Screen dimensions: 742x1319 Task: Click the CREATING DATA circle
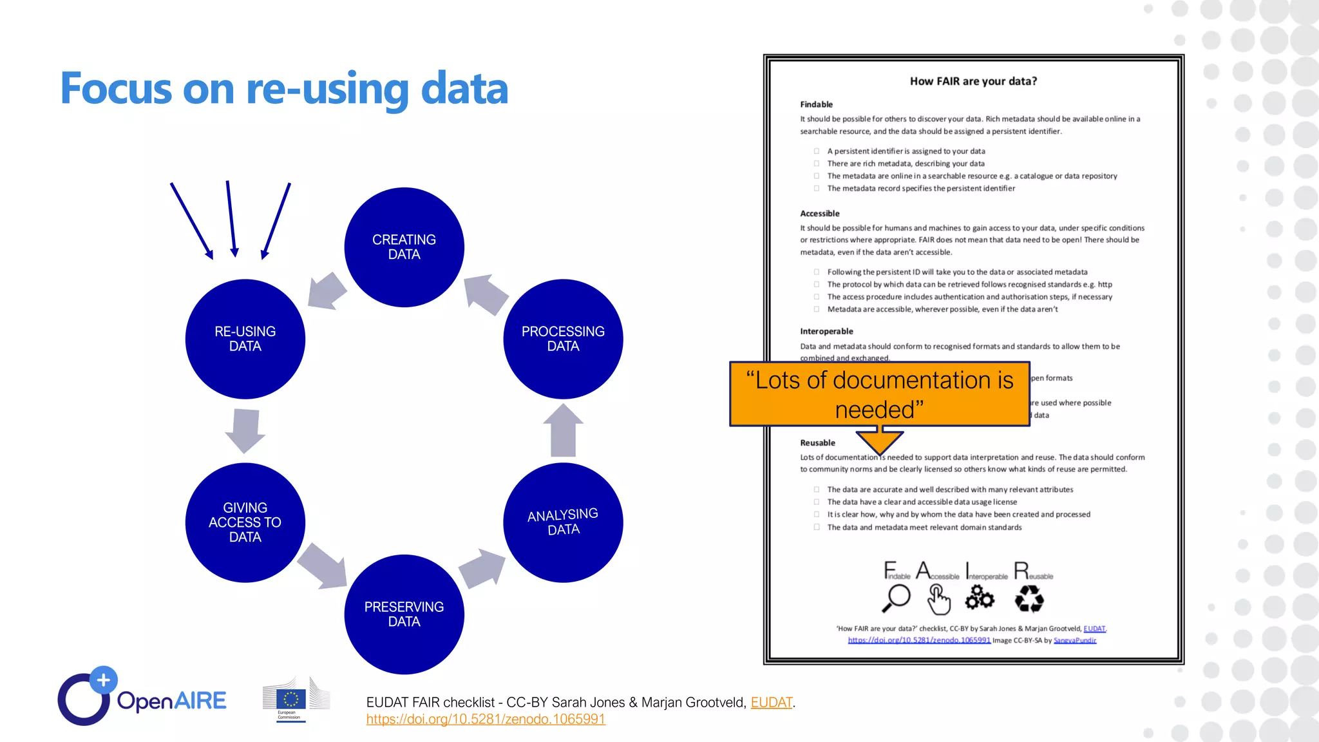tap(404, 247)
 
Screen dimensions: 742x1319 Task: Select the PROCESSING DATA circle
tap(563, 339)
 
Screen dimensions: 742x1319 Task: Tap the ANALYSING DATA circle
tap(563, 522)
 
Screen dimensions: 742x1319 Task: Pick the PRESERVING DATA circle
tap(404, 614)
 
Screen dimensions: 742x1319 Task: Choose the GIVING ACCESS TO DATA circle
tap(245, 522)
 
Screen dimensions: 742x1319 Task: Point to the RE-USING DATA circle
tap(245, 339)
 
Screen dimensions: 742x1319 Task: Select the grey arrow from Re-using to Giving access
tap(245, 430)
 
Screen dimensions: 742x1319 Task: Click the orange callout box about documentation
tap(879, 394)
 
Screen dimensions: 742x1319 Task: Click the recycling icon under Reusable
tap(1029, 600)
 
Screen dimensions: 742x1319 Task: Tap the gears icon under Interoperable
tap(980, 598)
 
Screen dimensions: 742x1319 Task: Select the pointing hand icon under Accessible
tap(938, 600)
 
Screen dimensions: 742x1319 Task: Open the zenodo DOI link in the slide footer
tap(486, 719)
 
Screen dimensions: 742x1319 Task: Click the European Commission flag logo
tap(291, 699)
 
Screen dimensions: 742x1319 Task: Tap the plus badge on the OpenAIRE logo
tap(103, 680)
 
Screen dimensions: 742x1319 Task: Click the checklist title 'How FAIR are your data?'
tap(973, 81)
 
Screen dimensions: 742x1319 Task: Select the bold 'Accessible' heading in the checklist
tap(820, 213)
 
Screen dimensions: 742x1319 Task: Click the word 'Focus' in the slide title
tap(116, 89)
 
